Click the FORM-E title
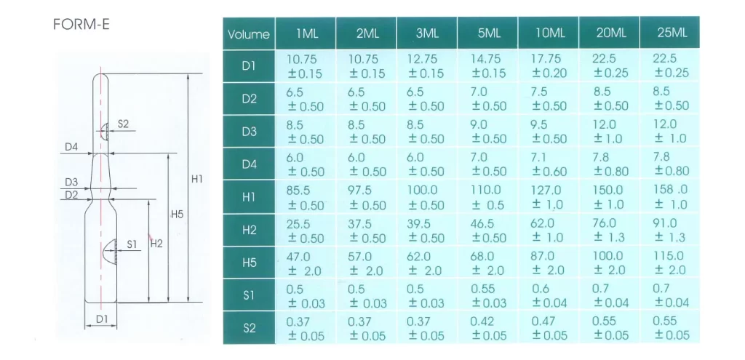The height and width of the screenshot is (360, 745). (x=81, y=24)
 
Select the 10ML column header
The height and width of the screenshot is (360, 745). (x=549, y=33)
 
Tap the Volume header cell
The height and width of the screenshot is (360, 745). (x=249, y=33)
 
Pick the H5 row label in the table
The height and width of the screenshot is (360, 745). (x=249, y=263)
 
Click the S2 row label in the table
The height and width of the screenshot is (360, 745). (x=249, y=328)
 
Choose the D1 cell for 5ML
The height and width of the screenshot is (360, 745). (x=488, y=66)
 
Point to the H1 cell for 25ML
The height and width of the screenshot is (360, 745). (x=670, y=197)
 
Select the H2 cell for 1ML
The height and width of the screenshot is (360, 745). (x=305, y=231)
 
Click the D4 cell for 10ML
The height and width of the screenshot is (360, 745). (x=549, y=164)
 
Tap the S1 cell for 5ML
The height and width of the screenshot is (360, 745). (x=488, y=295)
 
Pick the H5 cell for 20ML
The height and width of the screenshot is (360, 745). (x=609, y=263)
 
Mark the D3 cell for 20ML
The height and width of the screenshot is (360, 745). (x=609, y=132)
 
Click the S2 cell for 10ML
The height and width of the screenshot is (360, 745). (x=549, y=328)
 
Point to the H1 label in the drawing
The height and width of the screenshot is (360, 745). (x=196, y=179)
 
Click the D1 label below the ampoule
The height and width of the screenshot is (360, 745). (x=102, y=319)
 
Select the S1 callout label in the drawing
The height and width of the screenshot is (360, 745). (x=132, y=244)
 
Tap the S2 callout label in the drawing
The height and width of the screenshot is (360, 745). (x=123, y=124)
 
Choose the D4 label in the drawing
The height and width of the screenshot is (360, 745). (x=71, y=147)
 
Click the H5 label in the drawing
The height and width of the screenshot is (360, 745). (x=177, y=215)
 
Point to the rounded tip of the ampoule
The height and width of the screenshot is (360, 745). (x=100, y=75)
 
